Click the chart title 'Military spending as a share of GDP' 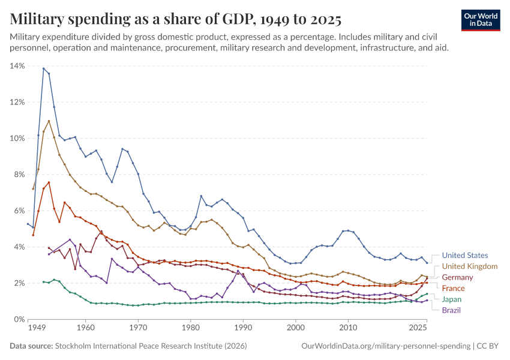[x=176, y=20]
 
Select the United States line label [x=465, y=255]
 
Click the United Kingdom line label [x=469, y=266]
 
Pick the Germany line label [x=457, y=277]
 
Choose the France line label [x=453, y=288]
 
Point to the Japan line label [x=452, y=299]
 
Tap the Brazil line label [x=451, y=310]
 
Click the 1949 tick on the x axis [x=37, y=329]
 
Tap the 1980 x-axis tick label [x=190, y=329]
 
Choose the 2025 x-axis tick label [x=418, y=329]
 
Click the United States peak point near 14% [x=43, y=68]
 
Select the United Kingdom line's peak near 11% [x=49, y=121]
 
